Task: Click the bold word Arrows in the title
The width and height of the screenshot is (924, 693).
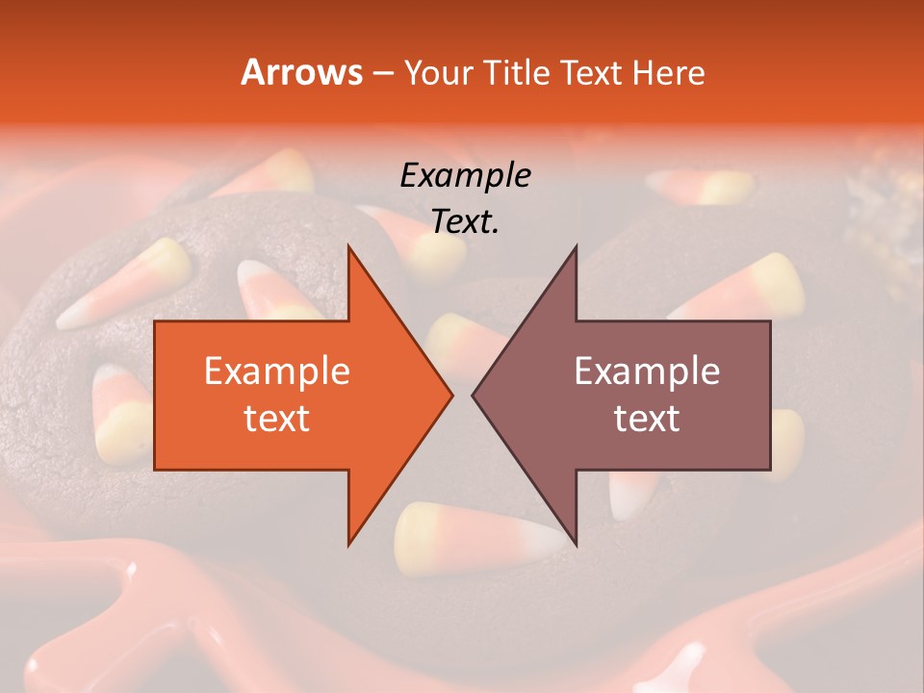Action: pyautogui.click(x=301, y=72)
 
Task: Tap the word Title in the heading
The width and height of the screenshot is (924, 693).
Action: pyautogui.click(x=516, y=72)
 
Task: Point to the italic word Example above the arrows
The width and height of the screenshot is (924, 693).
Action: pyautogui.click(x=465, y=176)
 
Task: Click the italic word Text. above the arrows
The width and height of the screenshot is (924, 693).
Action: pyautogui.click(x=465, y=222)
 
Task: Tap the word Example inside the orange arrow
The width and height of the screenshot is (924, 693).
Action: pyautogui.click(x=276, y=371)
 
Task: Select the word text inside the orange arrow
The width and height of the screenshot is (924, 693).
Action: pyautogui.click(x=276, y=418)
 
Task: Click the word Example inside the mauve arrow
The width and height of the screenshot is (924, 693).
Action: pyautogui.click(x=647, y=371)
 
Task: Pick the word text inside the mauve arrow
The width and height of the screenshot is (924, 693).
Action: pyautogui.click(x=647, y=418)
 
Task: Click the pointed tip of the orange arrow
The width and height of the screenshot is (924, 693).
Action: pyautogui.click(x=449, y=395)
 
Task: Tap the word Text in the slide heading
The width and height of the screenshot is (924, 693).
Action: pyautogui.click(x=588, y=72)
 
